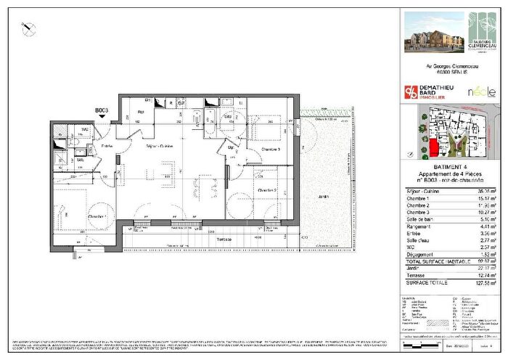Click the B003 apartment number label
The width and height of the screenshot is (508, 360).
click(x=102, y=111)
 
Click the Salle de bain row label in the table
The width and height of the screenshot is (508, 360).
click(x=420, y=217)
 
